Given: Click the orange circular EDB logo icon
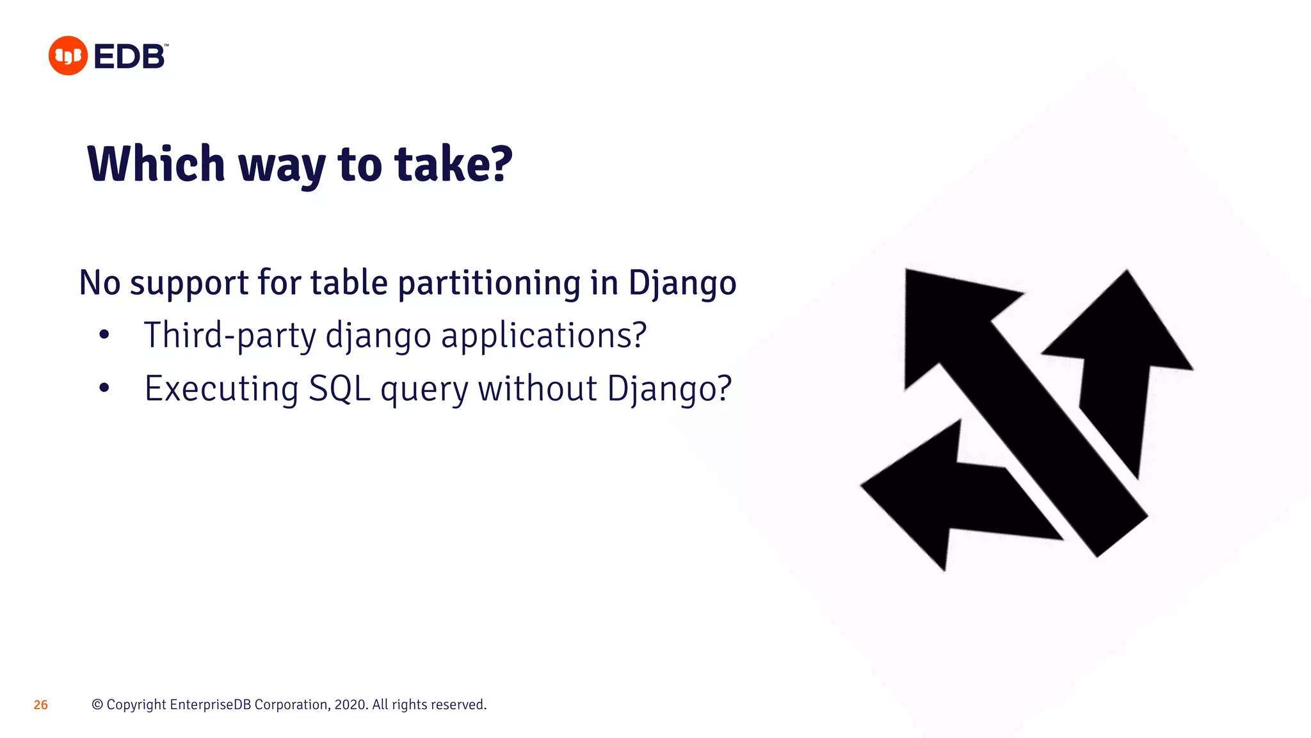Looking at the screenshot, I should (68, 56).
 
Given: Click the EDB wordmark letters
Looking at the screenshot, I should (130, 56).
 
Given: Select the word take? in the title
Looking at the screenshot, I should (453, 164).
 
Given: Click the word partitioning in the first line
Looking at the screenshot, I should (489, 283).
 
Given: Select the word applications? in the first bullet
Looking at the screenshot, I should (543, 335).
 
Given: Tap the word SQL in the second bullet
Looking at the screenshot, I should (339, 388).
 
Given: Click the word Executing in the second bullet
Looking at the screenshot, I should (221, 388).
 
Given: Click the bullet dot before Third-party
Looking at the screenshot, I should (104, 334).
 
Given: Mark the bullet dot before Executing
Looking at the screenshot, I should (104, 388).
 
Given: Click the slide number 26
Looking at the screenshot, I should (40, 705).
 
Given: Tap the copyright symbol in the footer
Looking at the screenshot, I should (97, 705).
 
